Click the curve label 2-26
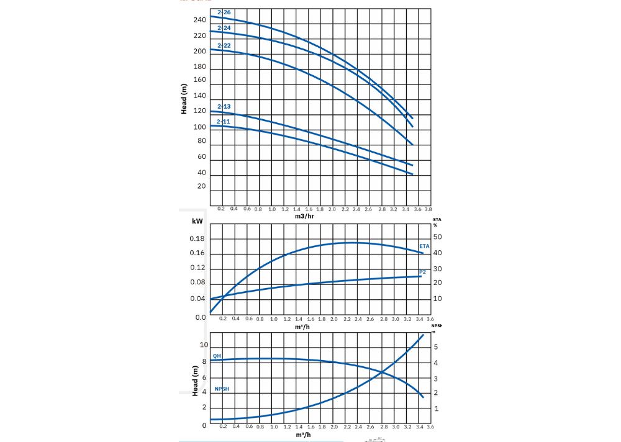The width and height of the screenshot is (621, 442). pyautogui.click(x=224, y=13)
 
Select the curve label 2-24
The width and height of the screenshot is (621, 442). pyautogui.click(x=224, y=28)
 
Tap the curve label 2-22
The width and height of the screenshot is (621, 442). pyautogui.click(x=224, y=46)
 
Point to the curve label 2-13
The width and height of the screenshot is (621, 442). pyautogui.click(x=224, y=107)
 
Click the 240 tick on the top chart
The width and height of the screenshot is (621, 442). pyautogui.click(x=199, y=20)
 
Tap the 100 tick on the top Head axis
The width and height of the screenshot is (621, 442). pyautogui.click(x=199, y=127)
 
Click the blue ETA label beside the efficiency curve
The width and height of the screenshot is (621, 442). pyautogui.click(x=424, y=246)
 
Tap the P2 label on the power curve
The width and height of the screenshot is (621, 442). pyautogui.click(x=422, y=272)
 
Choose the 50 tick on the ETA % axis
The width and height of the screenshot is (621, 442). pyautogui.click(x=437, y=237)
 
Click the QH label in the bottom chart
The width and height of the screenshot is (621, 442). pyautogui.click(x=217, y=356)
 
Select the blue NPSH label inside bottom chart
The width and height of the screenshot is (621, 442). pyautogui.click(x=221, y=389)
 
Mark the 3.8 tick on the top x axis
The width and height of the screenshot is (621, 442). pyautogui.click(x=428, y=210)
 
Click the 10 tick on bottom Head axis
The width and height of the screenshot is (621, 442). pyautogui.click(x=204, y=345)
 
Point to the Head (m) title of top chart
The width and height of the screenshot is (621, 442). pyautogui.click(x=184, y=98)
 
